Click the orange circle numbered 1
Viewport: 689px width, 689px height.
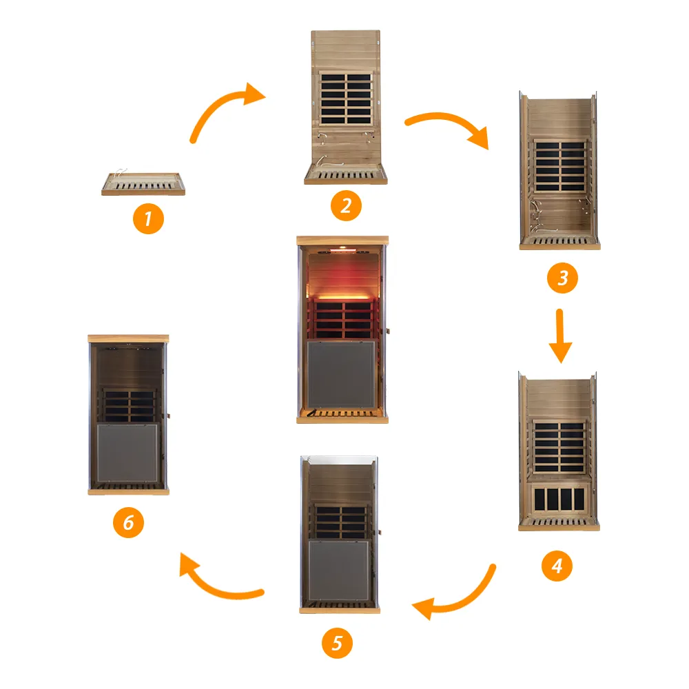pyautogui.click(x=148, y=218)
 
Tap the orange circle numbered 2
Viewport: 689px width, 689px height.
pyautogui.click(x=346, y=205)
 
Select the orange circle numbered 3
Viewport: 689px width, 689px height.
pyautogui.click(x=562, y=278)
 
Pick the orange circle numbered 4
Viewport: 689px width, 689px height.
pyautogui.click(x=557, y=566)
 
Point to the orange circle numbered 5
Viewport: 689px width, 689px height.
pyautogui.click(x=337, y=643)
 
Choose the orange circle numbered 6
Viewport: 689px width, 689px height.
pyautogui.click(x=128, y=522)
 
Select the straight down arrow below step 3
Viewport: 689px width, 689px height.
pyautogui.click(x=560, y=336)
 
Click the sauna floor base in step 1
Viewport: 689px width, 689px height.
pyautogui.click(x=143, y=184)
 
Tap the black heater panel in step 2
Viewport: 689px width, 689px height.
pyautogui.click(x=346, y=99)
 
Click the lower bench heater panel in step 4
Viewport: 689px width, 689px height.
pyautogui.click(x=559, y=498)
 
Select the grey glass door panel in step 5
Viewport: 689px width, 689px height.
pyautogui.click(x=339, y=570)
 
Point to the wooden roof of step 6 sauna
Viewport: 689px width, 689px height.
pyautogui.click(x=128, y=339)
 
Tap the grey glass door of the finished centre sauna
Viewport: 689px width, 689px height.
pyautogui.click(x=342, y=375)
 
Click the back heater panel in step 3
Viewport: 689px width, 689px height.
pyautogui.click(x=560, y=166)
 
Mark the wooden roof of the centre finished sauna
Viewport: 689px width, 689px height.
pyautogui.click(x=342, y=240)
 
